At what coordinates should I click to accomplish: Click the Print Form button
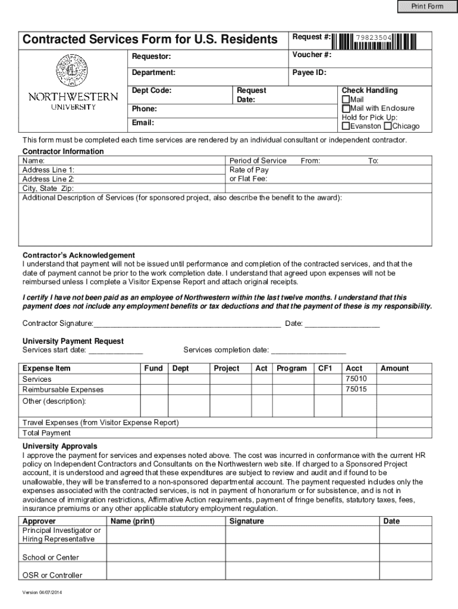[428, 7]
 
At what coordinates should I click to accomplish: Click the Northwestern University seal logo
[71, 70]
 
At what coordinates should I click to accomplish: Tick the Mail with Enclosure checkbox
[346, 108]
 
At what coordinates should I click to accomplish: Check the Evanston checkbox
[346, 126]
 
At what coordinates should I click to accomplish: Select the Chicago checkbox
[387, 126]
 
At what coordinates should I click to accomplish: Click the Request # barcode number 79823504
[373, 38]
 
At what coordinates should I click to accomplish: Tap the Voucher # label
[312, 55]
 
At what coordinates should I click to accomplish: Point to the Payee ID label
[309, 73]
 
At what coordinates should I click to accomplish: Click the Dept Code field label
[152, 90]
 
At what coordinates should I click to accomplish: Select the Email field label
[143, 123]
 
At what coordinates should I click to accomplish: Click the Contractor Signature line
[187, 324]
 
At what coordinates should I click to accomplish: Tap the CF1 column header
[325, 368]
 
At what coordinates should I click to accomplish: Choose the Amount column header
[394, 368]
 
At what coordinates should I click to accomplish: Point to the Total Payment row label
[46, 433]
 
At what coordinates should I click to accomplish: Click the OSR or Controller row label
[52, 575]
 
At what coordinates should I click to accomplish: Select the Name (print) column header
[133, 521]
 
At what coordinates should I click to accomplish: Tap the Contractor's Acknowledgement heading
[79, 255]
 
